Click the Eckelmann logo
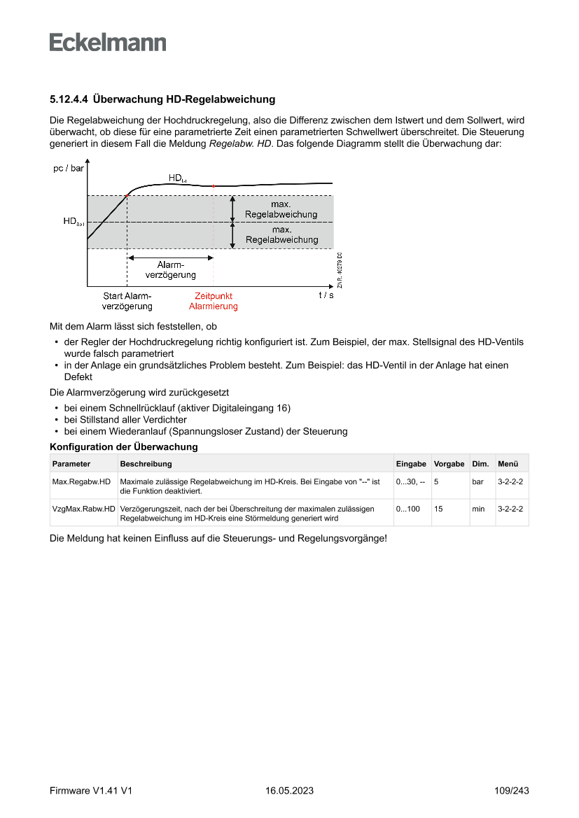click(x=108, y=43)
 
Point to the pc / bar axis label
click(x=69, y=169)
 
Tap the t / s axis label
click(x=326, y=295)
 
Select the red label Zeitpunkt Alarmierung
click(x=214, y=301)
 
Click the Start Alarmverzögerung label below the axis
click(x=127, y=301)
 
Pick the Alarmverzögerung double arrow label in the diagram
click(x=170, y=270)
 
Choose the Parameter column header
click(x=71, y=464)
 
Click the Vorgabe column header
click(x=449, y=464)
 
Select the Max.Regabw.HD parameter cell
click(x=81, y=481)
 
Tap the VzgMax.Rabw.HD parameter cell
click(x=83, y=509)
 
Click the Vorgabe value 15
click(x=438, y=509)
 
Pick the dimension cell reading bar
click(x=478, y=481)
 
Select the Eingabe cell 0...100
click(x=408, y=509)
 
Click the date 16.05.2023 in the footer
click(x=289, y=791)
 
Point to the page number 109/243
click(x=511, y=791)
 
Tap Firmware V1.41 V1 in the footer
click(x=91, y=791)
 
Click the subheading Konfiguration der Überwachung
click(x=123, y=446)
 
